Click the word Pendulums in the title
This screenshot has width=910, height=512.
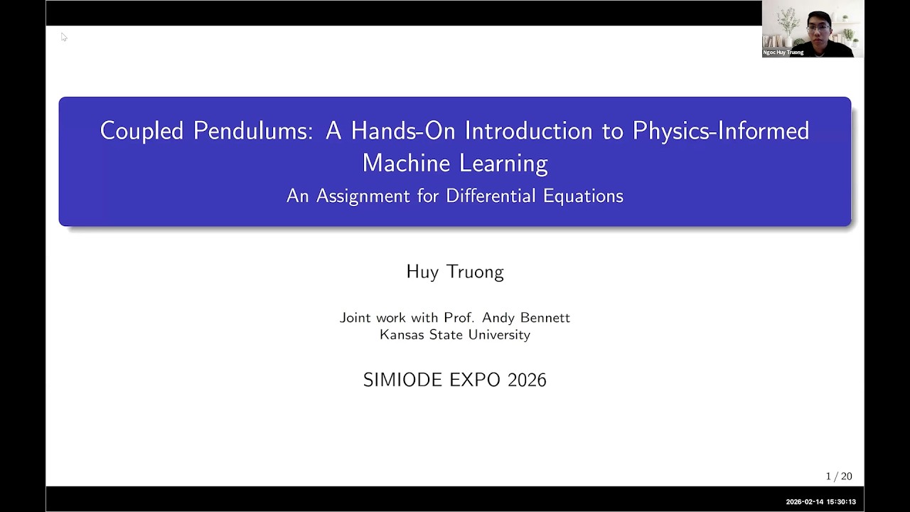point(253,131)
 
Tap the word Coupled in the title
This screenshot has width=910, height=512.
point(141,131)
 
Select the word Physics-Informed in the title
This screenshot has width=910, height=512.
point(721,131)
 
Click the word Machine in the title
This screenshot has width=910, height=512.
point(406,163)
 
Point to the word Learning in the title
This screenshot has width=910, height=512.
point(503,164)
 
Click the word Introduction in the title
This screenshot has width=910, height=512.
point(528,131)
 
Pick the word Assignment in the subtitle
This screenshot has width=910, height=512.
point(363,196)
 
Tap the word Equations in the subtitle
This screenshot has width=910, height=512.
point(583,196)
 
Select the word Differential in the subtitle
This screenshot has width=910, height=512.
point(491,196)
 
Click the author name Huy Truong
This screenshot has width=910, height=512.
point(455,272)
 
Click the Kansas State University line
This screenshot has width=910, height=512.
point(455,334)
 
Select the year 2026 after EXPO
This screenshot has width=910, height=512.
point(527,380)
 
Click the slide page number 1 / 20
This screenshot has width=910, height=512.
point(839,476)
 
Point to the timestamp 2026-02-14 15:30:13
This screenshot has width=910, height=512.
point(820,502)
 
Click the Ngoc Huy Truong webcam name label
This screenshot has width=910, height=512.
point(783,53)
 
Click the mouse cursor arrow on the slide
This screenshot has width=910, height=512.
point(64,37)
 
